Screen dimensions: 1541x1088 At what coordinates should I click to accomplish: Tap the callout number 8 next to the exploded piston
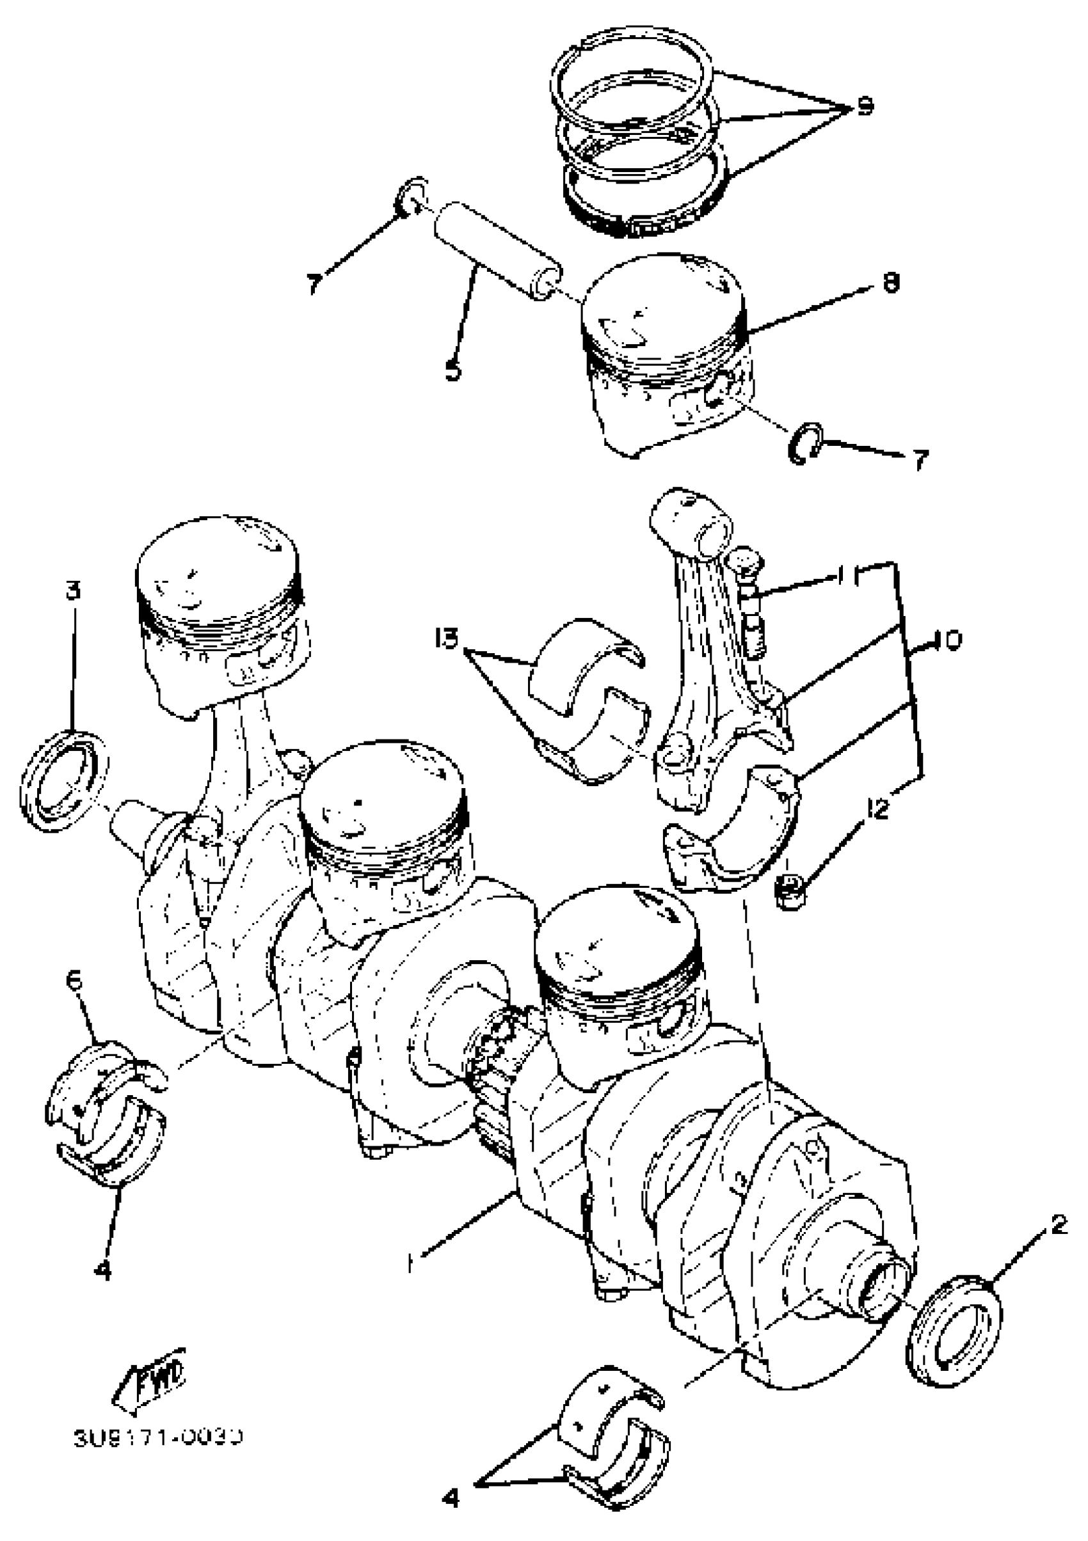pos(890,283)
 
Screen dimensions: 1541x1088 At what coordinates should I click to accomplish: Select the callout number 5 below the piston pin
pos(454,370)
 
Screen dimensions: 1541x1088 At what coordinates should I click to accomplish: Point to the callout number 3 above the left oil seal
pos(73,591)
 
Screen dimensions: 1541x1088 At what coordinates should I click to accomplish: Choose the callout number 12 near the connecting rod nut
pos(876,810)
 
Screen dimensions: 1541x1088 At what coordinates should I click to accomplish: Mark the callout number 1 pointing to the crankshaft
pos(410,1265)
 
